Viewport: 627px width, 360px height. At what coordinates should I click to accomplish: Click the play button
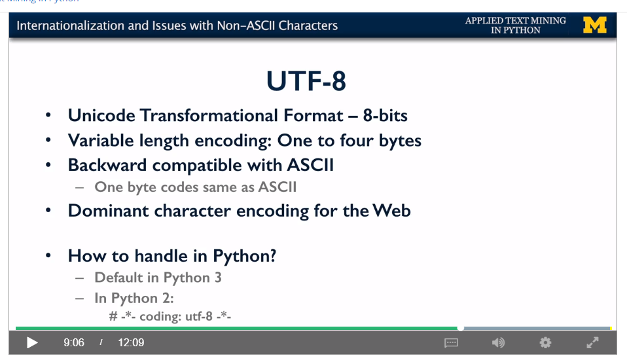[32, 343]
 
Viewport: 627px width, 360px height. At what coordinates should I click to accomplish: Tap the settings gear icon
[545, 342]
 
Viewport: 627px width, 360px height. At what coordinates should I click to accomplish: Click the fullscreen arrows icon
[592, 342]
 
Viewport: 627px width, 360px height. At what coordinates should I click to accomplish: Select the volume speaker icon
[498, 342]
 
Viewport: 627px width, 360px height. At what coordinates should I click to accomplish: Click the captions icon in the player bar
[451, 343]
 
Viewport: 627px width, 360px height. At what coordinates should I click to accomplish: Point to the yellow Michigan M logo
[595, 25]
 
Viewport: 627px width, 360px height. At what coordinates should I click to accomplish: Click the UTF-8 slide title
[306, 81]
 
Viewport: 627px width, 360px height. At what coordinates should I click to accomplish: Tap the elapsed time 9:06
[74, 342]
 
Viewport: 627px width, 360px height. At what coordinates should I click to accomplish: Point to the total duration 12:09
[131, 342]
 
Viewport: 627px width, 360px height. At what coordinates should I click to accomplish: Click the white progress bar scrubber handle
[461, 329]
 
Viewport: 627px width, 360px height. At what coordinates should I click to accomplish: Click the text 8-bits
[385, 116]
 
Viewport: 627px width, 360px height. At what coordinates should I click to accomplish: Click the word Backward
[107, 165]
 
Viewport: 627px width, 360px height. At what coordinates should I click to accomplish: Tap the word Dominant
[108, 211]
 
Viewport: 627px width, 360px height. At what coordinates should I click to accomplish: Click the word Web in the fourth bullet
[391, 211]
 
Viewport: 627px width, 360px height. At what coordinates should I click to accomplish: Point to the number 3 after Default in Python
[218, 278]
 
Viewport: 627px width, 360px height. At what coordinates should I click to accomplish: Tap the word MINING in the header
[548, 20]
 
